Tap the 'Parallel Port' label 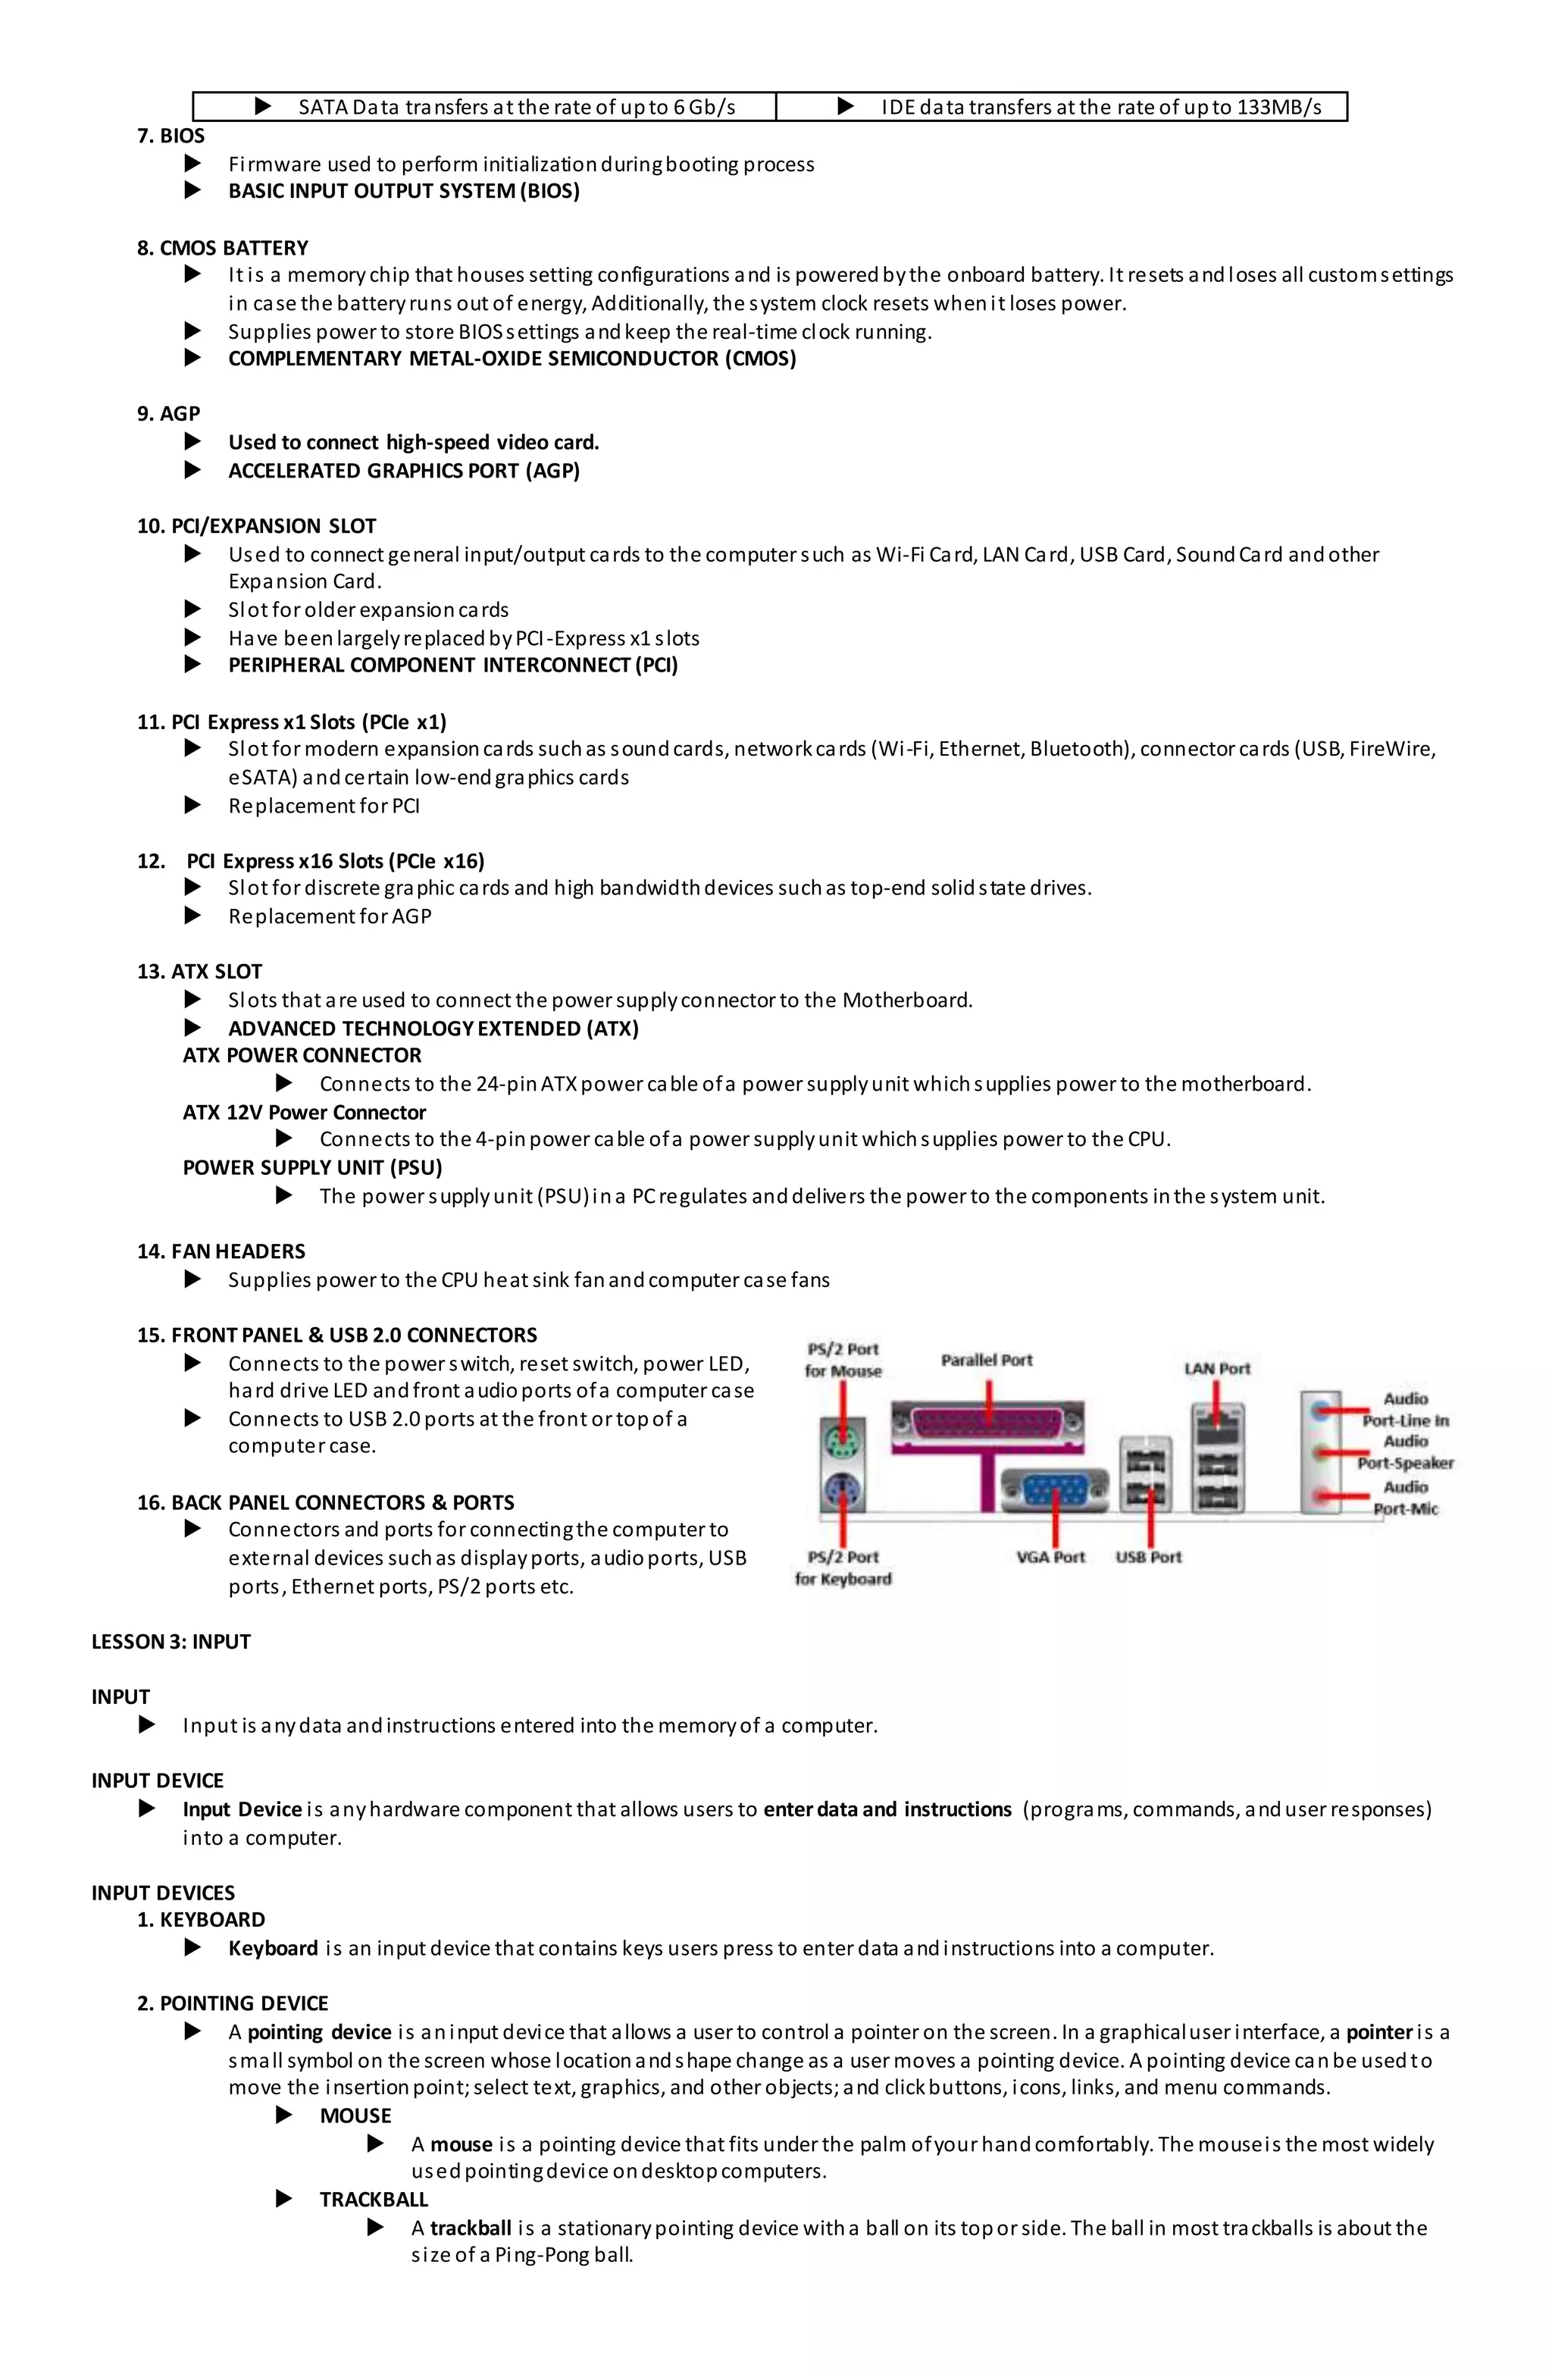(x=987, y=1361)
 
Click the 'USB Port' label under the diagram (x=1148, y=1557)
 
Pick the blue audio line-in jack (x=1322, y=1409)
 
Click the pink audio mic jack (x=1322, y=1496)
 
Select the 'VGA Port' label (x=1050, y=1557)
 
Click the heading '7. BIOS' (x=171, y=136)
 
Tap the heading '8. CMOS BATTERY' (x=223, y=247)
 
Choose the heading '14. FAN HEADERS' (x=221, y=1251)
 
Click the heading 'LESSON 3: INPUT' (x=171, y=1641)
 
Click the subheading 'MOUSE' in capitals (x=355, y=2115)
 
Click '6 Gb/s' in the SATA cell (x=703, y=107)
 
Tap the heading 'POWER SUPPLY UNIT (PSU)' (x=312, y=1167)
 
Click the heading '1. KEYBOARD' (x=202, y=1919)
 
